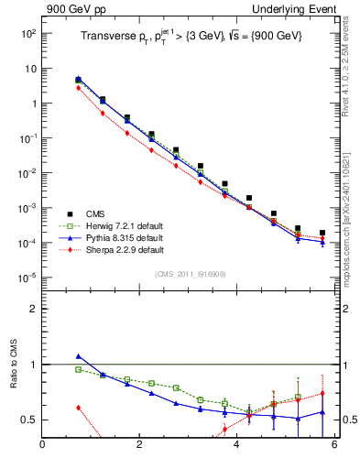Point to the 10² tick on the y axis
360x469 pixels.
[x=28, y=33]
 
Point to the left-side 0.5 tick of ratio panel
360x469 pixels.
[x=30, y=420]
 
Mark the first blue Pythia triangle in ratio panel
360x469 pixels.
[x=79, y=356]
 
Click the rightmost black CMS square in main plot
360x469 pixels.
[x=322, y=233]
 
